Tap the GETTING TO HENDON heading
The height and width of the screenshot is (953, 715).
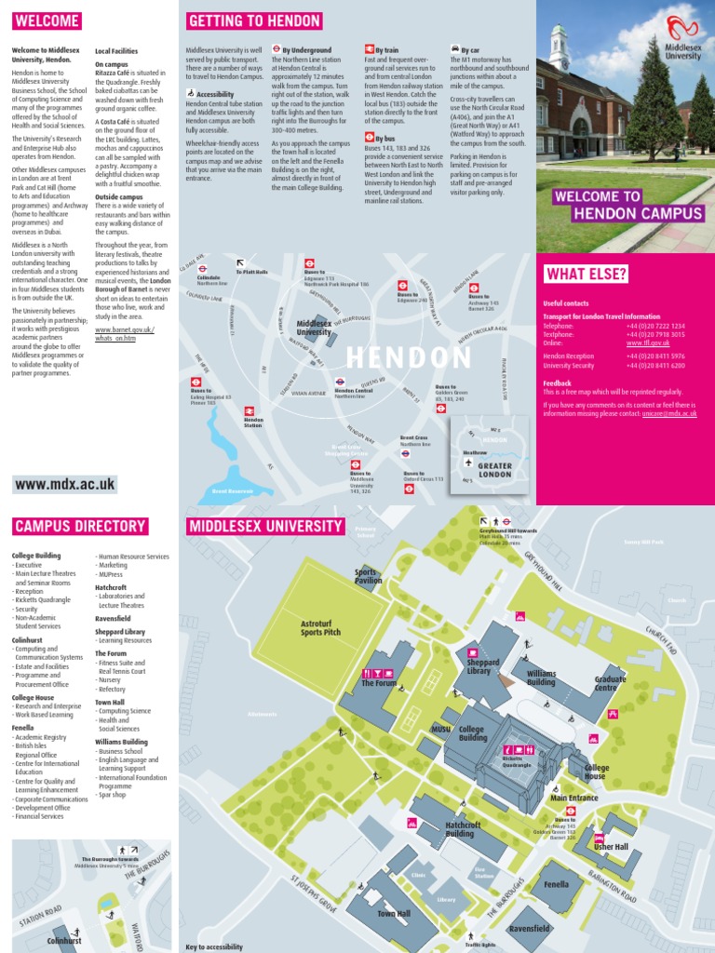(x=254, y=21)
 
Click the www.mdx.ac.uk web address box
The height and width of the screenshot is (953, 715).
(x=65, y=484)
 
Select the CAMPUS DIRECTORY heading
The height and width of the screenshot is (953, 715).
(x=80, y=527)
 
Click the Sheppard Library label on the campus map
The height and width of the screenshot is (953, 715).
(x=484, y=666)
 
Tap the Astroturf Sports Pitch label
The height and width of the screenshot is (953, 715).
(x=320, y=627)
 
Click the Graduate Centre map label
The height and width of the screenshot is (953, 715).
(x=611, y=683)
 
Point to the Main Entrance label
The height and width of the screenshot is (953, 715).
(x=574, y=798)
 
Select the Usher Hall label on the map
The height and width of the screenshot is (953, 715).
(x=612, y=847)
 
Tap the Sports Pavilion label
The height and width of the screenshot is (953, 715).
(x=369, y=576)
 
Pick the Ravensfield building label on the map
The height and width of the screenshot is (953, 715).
(x=529, y=929)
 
